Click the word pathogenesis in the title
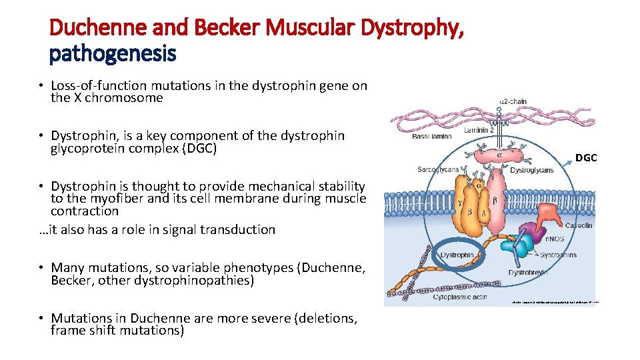point(112,53)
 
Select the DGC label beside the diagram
point(586,158)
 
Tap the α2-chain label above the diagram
point(513,101)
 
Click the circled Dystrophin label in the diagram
point(457,255)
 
